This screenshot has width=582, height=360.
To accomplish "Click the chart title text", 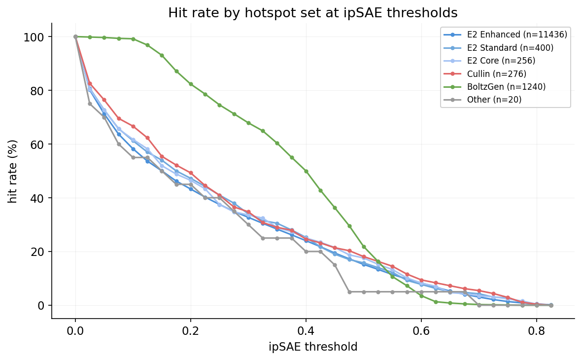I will coord(312,13).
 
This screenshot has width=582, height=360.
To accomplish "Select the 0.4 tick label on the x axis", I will coord(306,330).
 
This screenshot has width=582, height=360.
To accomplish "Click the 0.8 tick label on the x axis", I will coord(537,330).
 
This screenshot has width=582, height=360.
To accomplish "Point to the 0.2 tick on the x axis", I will coord(191,330).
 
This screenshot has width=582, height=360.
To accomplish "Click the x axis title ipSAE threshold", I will coord(313,347).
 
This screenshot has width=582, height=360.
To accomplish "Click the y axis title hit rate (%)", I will coord(13,171).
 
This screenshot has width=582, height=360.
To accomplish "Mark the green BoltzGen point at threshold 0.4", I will coord(306,171).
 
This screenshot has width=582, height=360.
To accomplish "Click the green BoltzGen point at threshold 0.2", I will coord(191,84).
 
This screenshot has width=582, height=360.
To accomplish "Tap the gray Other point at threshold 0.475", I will coord(349,292).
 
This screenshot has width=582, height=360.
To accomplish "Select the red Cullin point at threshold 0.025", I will coord(90,84).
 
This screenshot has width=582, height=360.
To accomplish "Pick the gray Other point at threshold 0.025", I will coord(90,104).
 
